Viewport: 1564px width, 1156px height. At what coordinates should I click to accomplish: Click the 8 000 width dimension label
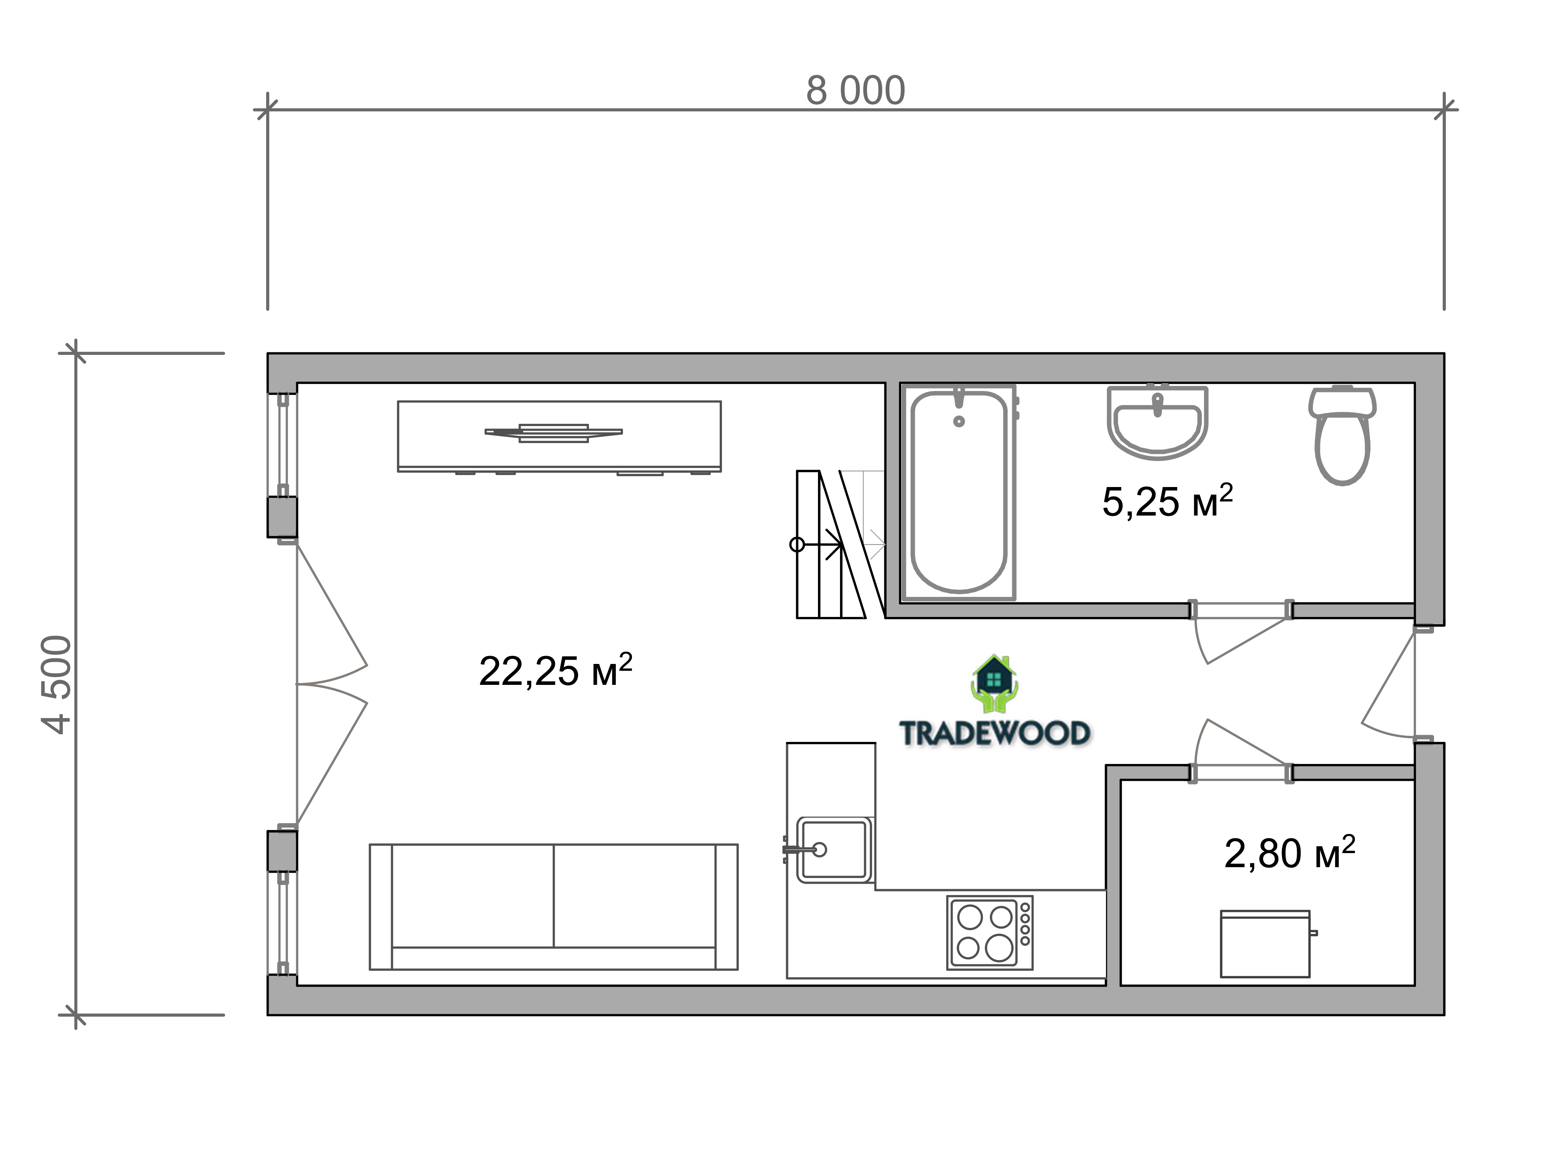[855, 91]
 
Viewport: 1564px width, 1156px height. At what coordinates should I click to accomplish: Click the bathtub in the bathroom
[959, 492]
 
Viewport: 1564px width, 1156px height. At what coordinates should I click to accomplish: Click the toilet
[1342, 435]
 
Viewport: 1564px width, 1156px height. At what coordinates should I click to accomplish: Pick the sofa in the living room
[554, 907]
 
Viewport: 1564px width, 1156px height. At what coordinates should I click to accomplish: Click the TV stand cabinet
[559, 436]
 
